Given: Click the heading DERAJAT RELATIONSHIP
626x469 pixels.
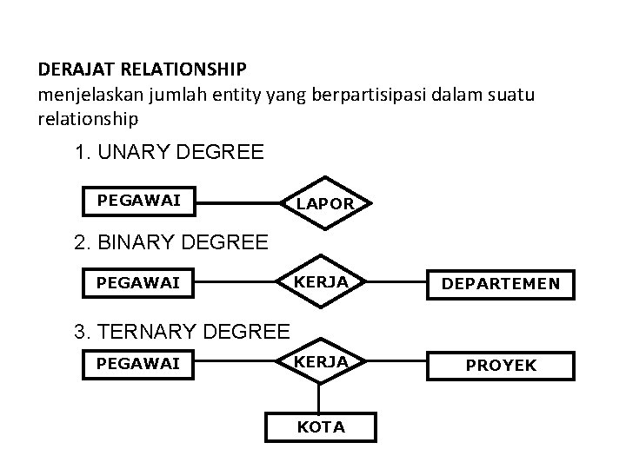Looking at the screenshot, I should tap(143, 68).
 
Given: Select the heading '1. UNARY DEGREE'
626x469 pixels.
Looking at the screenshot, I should tap(170, 154).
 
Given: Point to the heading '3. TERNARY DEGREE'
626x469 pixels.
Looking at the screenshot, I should tap(183, 331).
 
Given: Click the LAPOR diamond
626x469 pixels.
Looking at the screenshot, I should tap(324, 203).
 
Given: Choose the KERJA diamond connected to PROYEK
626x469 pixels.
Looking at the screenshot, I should tap(320, 362).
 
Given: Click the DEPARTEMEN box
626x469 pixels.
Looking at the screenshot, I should tap(500, 284).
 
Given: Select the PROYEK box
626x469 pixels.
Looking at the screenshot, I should tap(500, 366).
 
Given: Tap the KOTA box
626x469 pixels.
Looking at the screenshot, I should tap(321, 426).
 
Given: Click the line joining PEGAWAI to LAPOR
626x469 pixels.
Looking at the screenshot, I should tap(237, 203).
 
